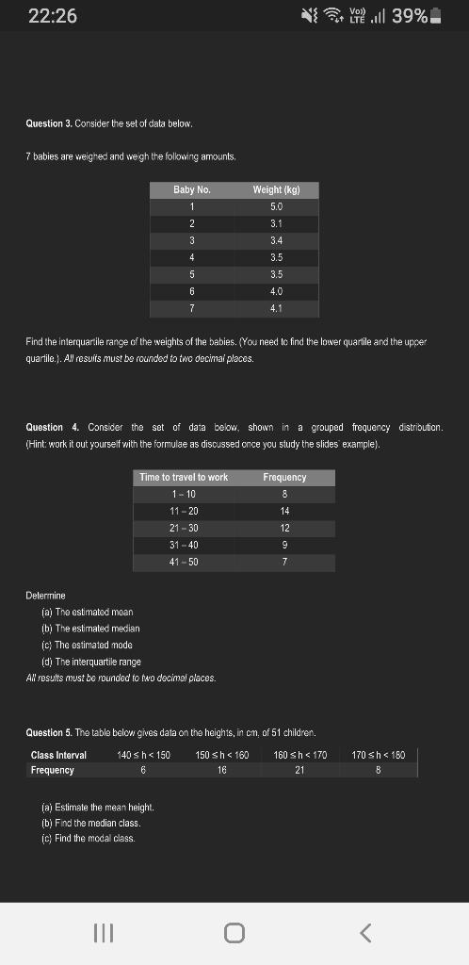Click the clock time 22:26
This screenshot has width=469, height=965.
coord(53,17)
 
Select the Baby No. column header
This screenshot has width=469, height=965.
coord(191,190)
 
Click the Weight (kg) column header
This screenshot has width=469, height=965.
coord(276,190)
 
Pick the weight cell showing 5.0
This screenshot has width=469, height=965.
coord(276,206)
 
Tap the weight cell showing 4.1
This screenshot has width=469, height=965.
coord(276,308)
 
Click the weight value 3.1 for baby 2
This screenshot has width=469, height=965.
coord(276,223)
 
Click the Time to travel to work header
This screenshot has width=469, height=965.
coord(184,478)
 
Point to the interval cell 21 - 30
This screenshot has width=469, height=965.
coord(184,528)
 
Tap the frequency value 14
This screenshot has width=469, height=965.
coord(284,511)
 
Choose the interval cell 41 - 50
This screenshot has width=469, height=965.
coord(184,562)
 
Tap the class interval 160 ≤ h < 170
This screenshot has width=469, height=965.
coord(299,755)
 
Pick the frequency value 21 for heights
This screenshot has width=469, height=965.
coord(299,770)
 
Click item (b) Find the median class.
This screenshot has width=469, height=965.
coord(90,823)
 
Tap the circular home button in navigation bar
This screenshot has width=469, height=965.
coord(234,933)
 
